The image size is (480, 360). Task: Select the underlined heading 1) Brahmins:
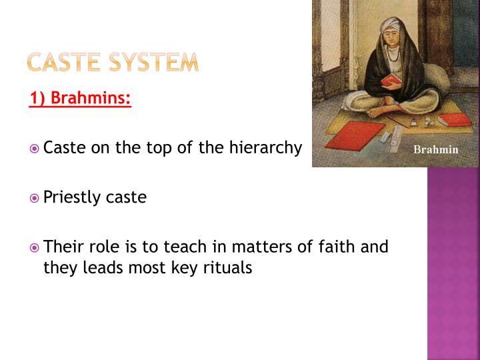pyautogui.click(x=81, y=99)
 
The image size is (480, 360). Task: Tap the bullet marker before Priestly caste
pyautogui.click(x=35, y=198)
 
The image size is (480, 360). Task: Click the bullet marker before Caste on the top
pyautogui.click(x=35, y=149)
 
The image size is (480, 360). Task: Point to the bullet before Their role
pyautogui.click(x=35, y=247)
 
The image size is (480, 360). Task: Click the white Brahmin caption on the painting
pyautogui.click(x=435, y=149)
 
